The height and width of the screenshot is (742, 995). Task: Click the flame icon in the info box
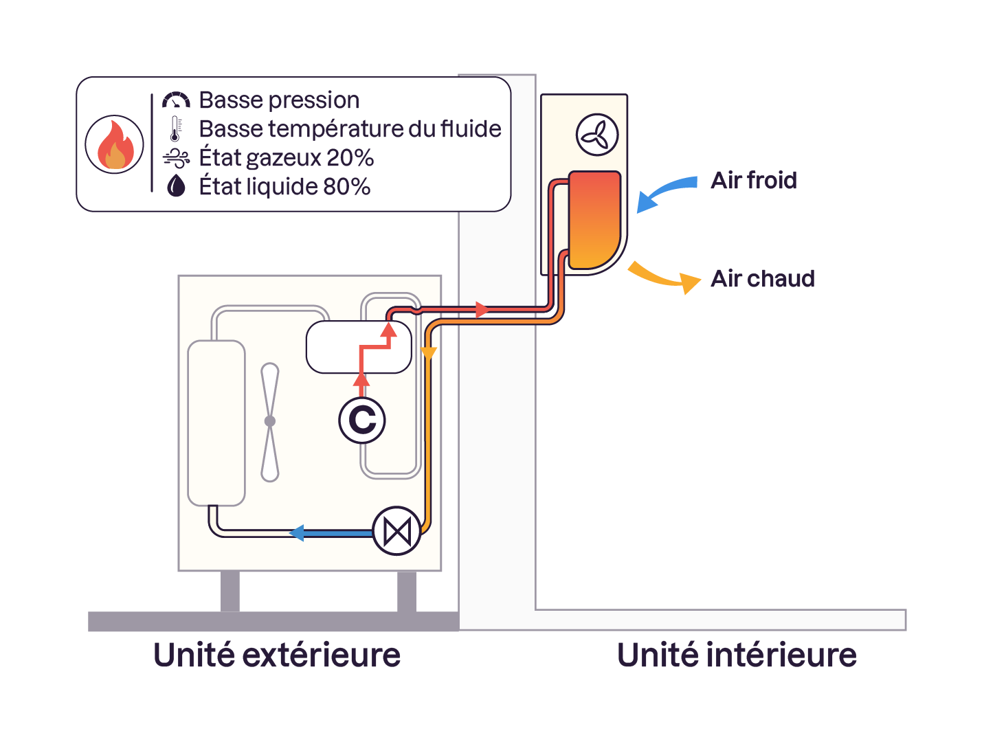(x=114, y=144)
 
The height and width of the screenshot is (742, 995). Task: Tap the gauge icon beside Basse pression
(x=176, y=100)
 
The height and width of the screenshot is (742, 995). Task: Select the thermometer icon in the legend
(x=176, y=129)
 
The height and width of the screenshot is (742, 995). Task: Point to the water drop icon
(x=176, y=185)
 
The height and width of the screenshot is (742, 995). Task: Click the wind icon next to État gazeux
(x=176, y=158)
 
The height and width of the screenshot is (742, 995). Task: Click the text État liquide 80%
(x=284, y=186)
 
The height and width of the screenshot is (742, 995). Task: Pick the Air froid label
(x=754, y=181)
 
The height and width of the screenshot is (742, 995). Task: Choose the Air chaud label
(x=763, y=279)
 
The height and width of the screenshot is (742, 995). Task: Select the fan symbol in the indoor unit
(x=596, y=135)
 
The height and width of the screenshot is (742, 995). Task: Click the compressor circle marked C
(x=362, y=420)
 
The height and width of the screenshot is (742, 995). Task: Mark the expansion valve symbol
(x=396, y=531)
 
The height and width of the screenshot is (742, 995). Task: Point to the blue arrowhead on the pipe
(x=298, y=532)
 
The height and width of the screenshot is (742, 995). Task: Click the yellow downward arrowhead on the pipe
(x=429, y=354)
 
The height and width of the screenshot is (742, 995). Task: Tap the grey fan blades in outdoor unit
(x=270, y=422)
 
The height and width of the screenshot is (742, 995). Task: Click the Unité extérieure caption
(x=277, y=655)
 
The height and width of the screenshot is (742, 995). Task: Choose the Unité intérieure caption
(x=737, y=655)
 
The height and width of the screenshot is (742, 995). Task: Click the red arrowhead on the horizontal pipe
(x=482, y=310)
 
